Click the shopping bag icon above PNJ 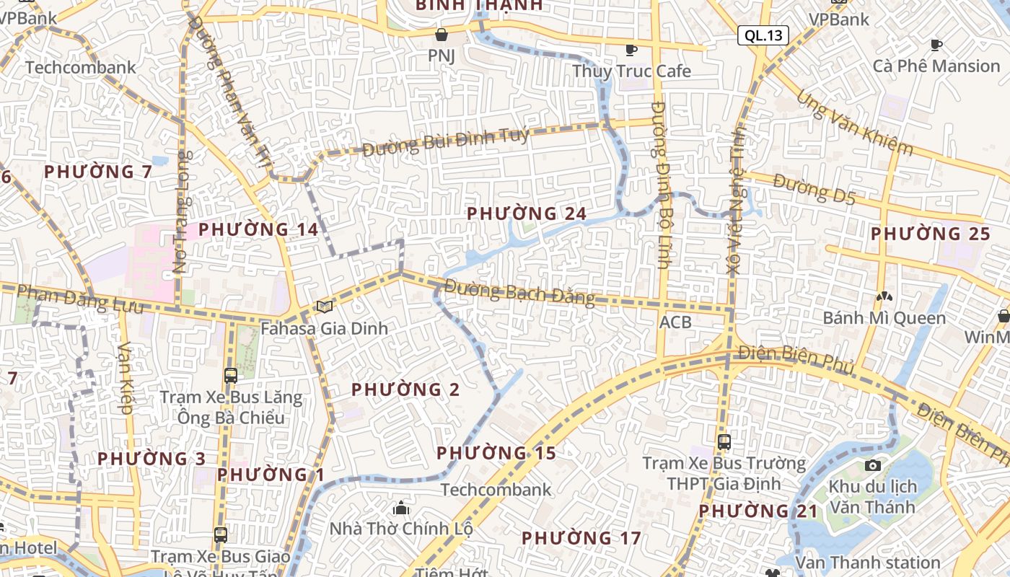coord(442,34)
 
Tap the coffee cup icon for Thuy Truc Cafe coord(631,50)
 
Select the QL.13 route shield coord(763,35)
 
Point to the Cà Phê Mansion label coord(936,66)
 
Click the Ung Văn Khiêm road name coord(855,123)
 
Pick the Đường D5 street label coord(814,189)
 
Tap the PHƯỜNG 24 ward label coord(527,213)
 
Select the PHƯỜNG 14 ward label coord(258,229)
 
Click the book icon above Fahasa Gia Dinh coord(325,307)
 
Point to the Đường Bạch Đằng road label coord(519,292)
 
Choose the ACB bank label coord(675,322)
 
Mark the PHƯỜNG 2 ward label coord(405,389)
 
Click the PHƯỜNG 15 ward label coord(496,453)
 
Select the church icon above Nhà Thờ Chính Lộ coord(401,508)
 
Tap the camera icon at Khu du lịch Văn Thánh coord(872,465)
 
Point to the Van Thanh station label coord(868,562)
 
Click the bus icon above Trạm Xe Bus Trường coord(724,442)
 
